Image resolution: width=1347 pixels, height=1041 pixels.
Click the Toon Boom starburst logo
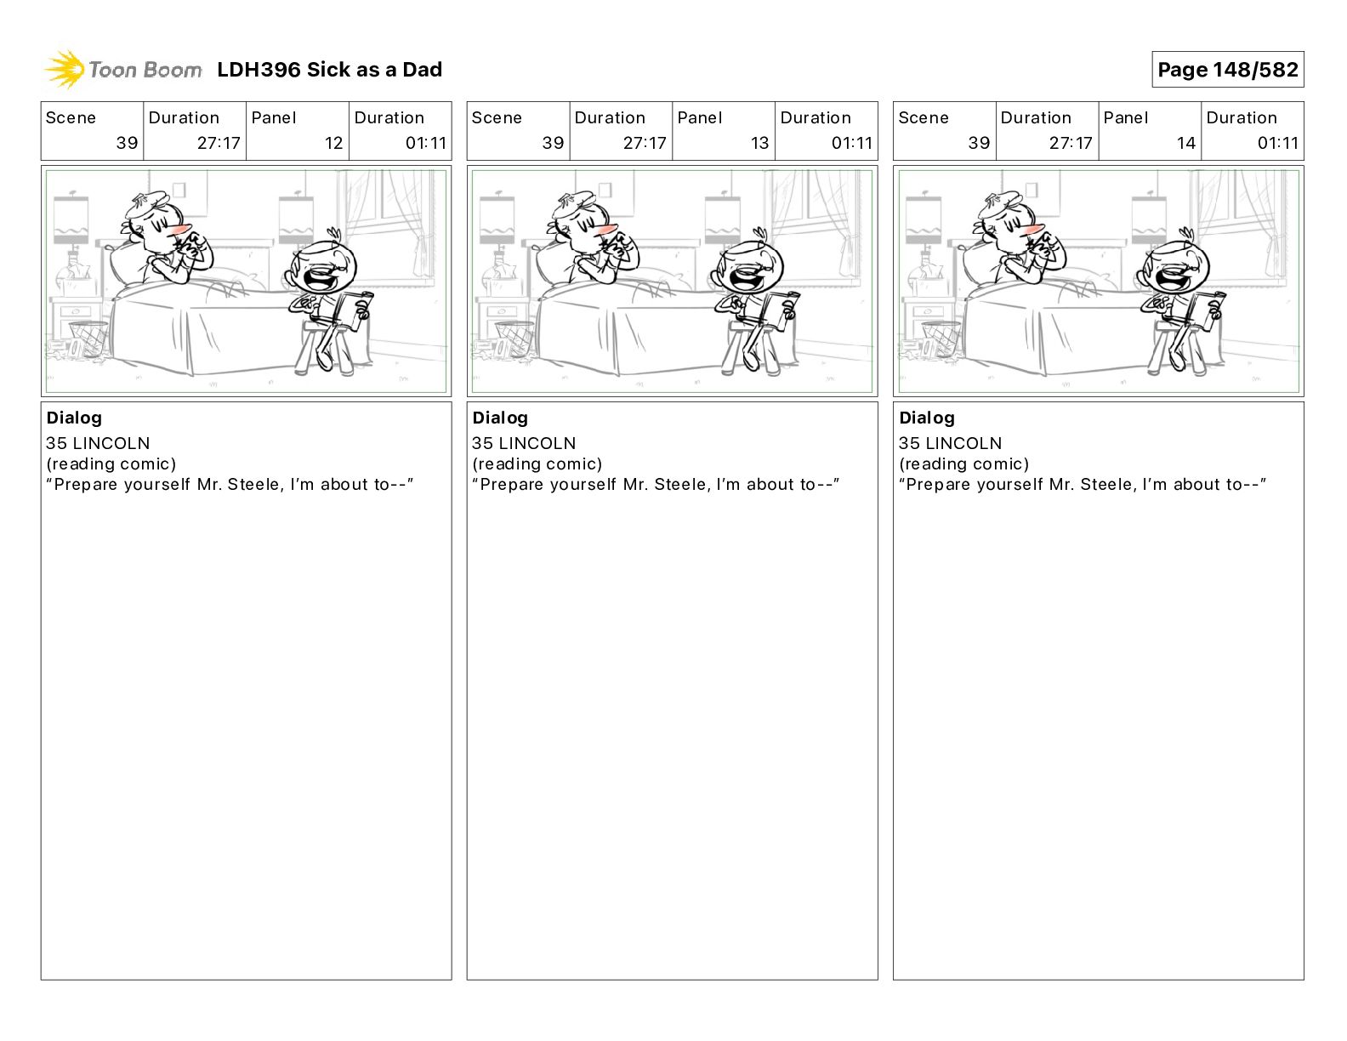[65, 70]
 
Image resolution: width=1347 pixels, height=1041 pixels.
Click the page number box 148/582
[1227, 70]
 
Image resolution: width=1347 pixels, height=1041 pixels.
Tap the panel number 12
[333, 143]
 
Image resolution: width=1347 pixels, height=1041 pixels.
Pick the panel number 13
[759, 143]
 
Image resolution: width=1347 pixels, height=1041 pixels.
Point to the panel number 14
[1185, 143]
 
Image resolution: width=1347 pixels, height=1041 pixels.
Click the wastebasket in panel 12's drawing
[88, 338]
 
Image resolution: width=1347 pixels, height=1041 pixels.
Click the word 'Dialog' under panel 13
[500, 418]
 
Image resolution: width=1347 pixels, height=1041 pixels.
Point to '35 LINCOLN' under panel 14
[950, 443]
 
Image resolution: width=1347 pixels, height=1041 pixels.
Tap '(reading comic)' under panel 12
[111, 464]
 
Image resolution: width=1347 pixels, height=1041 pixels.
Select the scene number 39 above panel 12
[127, 143]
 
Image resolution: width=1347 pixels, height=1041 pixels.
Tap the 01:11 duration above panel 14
[1277, 143]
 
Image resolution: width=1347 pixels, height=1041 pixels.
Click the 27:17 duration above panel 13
[645, 143]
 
